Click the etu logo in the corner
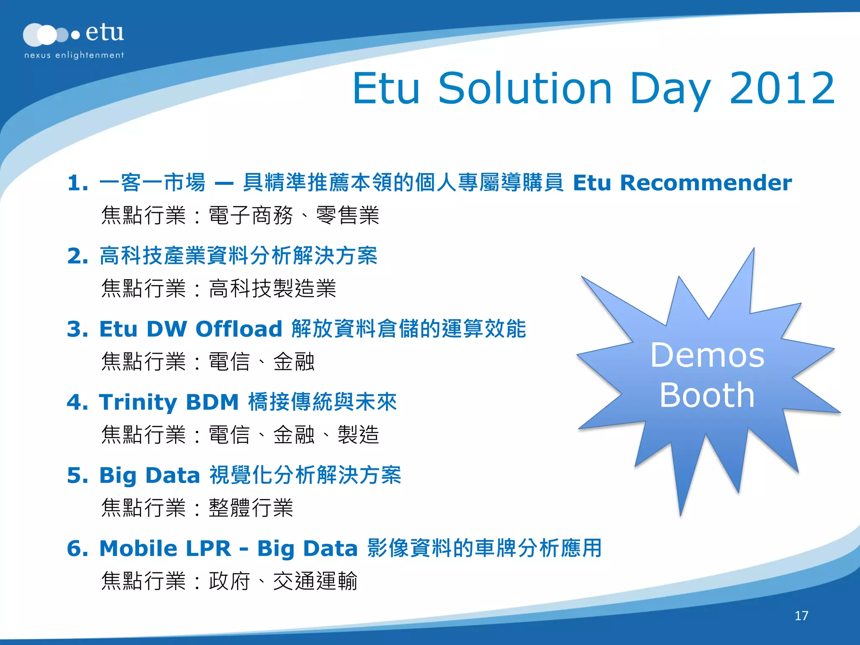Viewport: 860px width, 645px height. pyautogui.click(x=73, y=34)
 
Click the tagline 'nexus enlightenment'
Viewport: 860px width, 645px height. pyautogui.click(x=74, y=55)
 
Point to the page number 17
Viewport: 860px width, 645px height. pyautogui.click(x=801, y=616)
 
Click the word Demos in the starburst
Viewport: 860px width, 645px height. pyautogui.click(x=708, y=355)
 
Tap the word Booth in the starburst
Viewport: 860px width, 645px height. pyautogui.click(x=708, y=395)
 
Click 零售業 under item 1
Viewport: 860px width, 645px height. pyautogui.click(x=347, y=215)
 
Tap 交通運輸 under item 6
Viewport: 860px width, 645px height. pyautogui.click(x=315, y=581)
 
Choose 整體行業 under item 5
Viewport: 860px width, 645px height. pyautogui.click(x=251, y=508)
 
